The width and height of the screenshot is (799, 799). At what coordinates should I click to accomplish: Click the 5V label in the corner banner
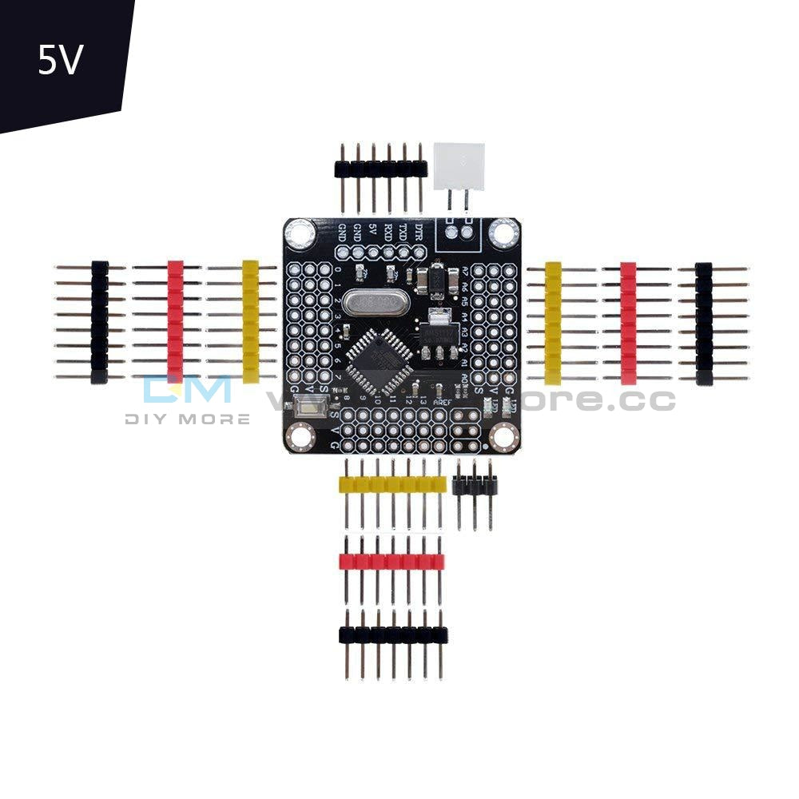click(x=60, y=61)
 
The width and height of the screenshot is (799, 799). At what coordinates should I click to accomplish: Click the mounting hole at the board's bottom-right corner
click(x=503, y=435)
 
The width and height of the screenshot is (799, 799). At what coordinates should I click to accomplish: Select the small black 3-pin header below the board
click(x=475, y=484)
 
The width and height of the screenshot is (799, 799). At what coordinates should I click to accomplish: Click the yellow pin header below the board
click(x=392, y=484)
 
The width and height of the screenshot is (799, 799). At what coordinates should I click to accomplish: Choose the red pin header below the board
click(x=392, y=562)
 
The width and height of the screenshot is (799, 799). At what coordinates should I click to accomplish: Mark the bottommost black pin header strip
click(x=392, y=635)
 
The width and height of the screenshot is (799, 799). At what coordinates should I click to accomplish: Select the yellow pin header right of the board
click(x=553, y=323)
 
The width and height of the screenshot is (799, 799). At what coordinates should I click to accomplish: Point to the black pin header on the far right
click(x=704, y=323)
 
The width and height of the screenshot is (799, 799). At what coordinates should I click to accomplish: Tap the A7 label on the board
click(x=464, y=275)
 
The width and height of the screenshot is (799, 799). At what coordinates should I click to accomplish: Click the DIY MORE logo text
click(x=187, y=419)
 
